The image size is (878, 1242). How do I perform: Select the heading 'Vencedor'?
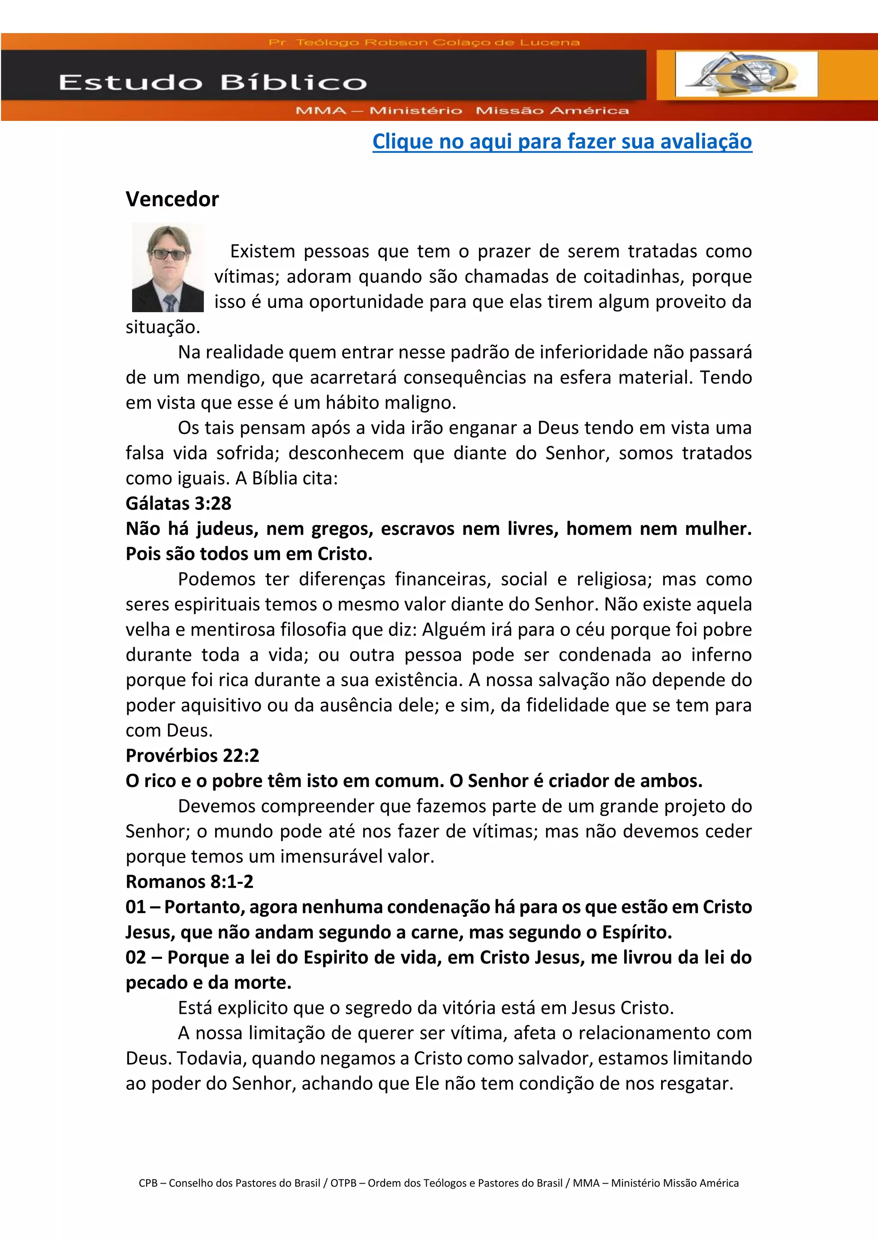pyautogui.click(x=172, y=199)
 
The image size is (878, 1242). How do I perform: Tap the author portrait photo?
pyautogui.click(x=168, y=267)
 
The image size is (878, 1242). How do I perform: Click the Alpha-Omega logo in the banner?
pyautogui.click(x=746, y=74)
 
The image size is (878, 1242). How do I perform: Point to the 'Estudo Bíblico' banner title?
pyautogui.click(x=213, y=83)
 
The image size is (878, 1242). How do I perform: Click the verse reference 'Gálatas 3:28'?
pyautogui.click(x=178, y=503)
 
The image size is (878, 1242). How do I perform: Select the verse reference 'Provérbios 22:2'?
pyautogui.click(x=192, y=756)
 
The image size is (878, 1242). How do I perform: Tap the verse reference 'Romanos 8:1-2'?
pyautogui.click(x=189, y=882)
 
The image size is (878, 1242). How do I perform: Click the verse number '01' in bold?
pyautogui.click(x=136, y=907)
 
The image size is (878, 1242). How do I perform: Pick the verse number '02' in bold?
pyautogui.click(x=136, y=958)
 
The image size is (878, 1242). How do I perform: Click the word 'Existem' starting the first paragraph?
pyautogui.click(x=262, y=252)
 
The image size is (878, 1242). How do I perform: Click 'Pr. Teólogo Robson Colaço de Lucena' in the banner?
pyautogui.click(x=424, y=42)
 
